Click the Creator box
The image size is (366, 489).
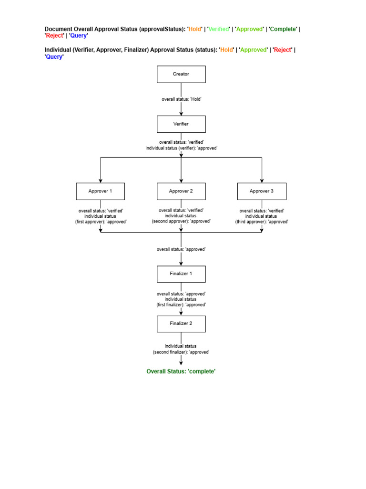point(181,74)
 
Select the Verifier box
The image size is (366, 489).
point(181,124)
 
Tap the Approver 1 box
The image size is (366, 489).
point(100,191)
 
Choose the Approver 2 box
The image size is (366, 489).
point(181,191)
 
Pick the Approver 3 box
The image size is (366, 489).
point(262,191)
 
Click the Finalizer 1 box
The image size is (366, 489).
point(181,274)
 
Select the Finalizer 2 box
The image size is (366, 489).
point(181,323)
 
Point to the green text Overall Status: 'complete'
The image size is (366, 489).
point(181,371)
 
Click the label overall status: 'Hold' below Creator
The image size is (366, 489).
point(181,99)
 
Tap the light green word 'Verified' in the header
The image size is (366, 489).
point(219,29)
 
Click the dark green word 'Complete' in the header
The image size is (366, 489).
point(283,29)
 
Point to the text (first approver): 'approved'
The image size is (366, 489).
point(101,222)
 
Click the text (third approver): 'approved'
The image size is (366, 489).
point(262,222)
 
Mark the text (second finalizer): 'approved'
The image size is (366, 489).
point(181,351)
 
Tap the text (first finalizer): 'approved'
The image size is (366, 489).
point(181,304)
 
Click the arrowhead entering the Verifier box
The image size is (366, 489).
point(181,113)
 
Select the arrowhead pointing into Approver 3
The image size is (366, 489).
point(262,181)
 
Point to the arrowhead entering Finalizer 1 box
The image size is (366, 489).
point(181,263)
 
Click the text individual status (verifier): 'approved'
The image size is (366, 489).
point(181,148)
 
